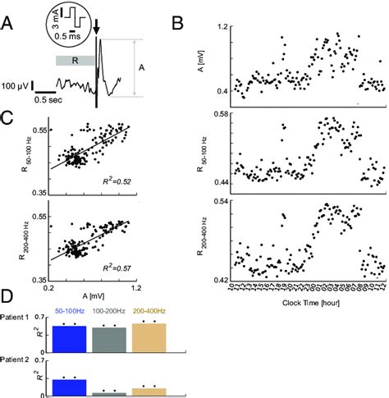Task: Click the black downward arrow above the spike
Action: tap(98, 31)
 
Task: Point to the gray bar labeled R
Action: tap(75, 60)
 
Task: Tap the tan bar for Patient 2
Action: tap(149, 391)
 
